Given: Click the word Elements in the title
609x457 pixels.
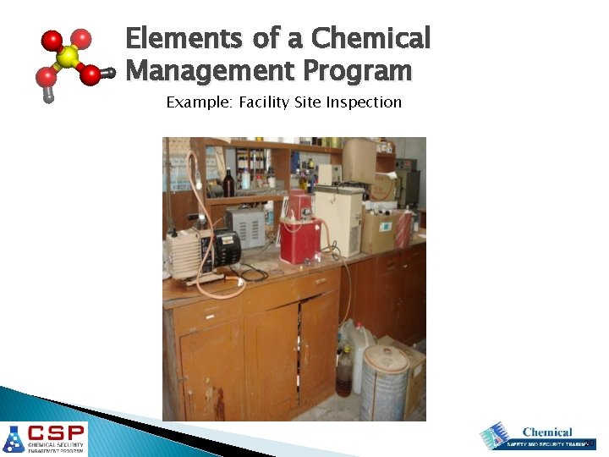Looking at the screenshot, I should pyautogui.click(x=177, y=39).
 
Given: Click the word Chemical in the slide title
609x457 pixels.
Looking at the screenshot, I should pyautogui.click(x=370, y=39).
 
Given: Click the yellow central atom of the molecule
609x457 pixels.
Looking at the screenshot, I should pyautogui.click(x=68, y=57).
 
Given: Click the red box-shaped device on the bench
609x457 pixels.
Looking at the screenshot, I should pyautogui.click(x=299, y=240).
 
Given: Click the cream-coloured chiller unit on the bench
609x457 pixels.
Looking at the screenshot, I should pyautogui.click(x=338, y=219).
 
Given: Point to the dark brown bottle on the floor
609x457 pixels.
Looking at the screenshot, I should pyautogui.click(x=343, y=377).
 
